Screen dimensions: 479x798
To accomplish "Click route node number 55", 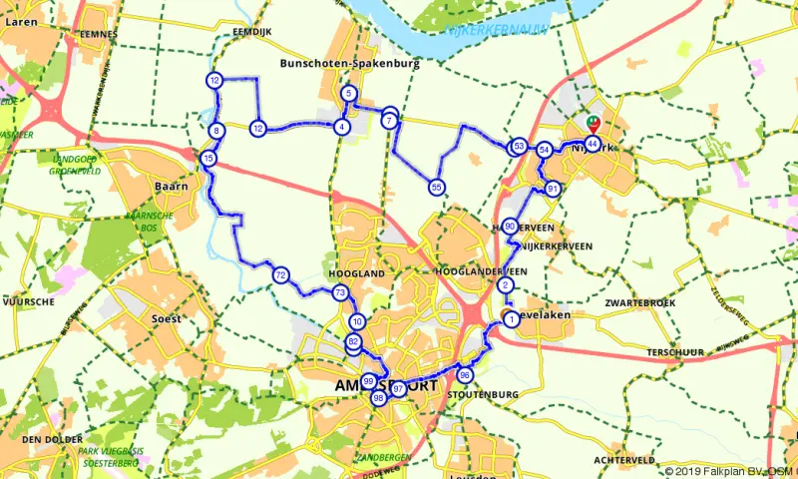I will tap(436, 187).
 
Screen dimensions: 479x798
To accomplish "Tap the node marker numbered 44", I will tap(593, 144).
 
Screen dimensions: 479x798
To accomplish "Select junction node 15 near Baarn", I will tap(207, 158).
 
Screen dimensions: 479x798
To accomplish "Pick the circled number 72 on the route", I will tap(280, 274).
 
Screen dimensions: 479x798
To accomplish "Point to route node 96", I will tap(464, 374).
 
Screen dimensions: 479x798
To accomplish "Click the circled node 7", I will tap(388, 120).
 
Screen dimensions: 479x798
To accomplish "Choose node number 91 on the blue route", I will tap(553, 189).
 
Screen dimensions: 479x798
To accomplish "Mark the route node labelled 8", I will tap(215, 131).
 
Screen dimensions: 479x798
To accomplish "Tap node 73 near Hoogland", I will tap(340, 293).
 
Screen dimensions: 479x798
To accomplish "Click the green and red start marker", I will tap(594, 124).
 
